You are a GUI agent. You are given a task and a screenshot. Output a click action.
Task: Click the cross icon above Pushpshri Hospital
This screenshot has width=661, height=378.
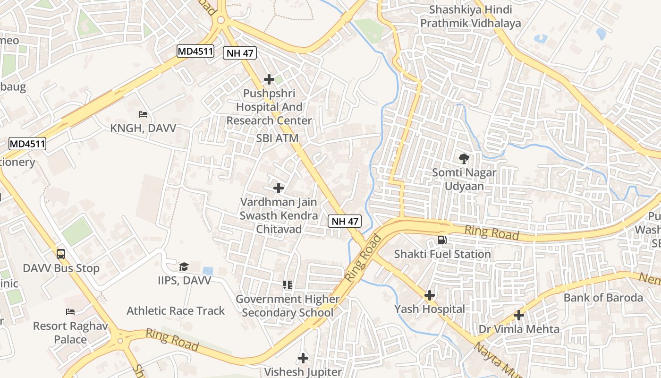269,79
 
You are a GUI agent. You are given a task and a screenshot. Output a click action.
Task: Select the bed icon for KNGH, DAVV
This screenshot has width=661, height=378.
143,114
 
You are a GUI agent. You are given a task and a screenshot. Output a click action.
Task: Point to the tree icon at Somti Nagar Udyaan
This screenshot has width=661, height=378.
464,159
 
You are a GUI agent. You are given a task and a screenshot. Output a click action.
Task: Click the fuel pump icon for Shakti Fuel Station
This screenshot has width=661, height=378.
442,240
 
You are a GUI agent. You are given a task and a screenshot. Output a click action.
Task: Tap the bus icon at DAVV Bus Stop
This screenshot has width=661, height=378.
61,254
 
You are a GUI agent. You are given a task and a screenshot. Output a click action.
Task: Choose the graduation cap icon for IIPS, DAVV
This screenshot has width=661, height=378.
184,266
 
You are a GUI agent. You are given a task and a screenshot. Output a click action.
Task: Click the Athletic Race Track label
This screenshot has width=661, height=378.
176,311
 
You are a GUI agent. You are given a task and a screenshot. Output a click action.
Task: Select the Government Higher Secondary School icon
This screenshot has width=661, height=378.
287,284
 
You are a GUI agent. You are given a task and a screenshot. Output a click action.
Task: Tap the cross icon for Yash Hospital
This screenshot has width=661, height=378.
429,295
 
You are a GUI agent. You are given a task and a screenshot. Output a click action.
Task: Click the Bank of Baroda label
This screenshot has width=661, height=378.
603,298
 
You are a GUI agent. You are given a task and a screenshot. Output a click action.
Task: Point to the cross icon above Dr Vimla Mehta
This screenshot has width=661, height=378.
519,315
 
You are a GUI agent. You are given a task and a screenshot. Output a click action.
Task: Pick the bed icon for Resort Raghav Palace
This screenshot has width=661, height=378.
70,312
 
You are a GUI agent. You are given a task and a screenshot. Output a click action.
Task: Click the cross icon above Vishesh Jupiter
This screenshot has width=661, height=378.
303,358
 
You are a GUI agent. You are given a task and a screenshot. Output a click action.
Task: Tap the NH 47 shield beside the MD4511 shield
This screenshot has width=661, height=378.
240,53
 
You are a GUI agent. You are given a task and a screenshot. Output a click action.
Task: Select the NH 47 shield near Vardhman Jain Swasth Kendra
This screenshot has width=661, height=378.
345,221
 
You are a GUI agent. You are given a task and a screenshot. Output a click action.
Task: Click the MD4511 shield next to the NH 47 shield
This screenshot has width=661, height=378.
195,51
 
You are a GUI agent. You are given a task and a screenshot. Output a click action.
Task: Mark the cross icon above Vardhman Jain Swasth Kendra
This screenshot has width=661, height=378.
279,188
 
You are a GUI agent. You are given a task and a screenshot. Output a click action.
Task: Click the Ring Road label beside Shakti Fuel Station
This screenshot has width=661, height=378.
492,232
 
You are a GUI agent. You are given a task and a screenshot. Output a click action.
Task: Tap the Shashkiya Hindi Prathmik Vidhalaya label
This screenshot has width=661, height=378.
471,16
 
